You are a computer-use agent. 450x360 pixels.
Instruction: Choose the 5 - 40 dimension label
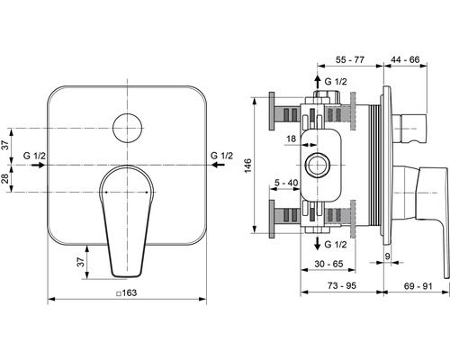click(x=287, y=183)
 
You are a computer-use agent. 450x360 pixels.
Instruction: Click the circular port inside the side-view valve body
click(x=316, y=165)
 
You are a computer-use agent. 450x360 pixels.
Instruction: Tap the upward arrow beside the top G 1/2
click(x=316, y=83)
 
